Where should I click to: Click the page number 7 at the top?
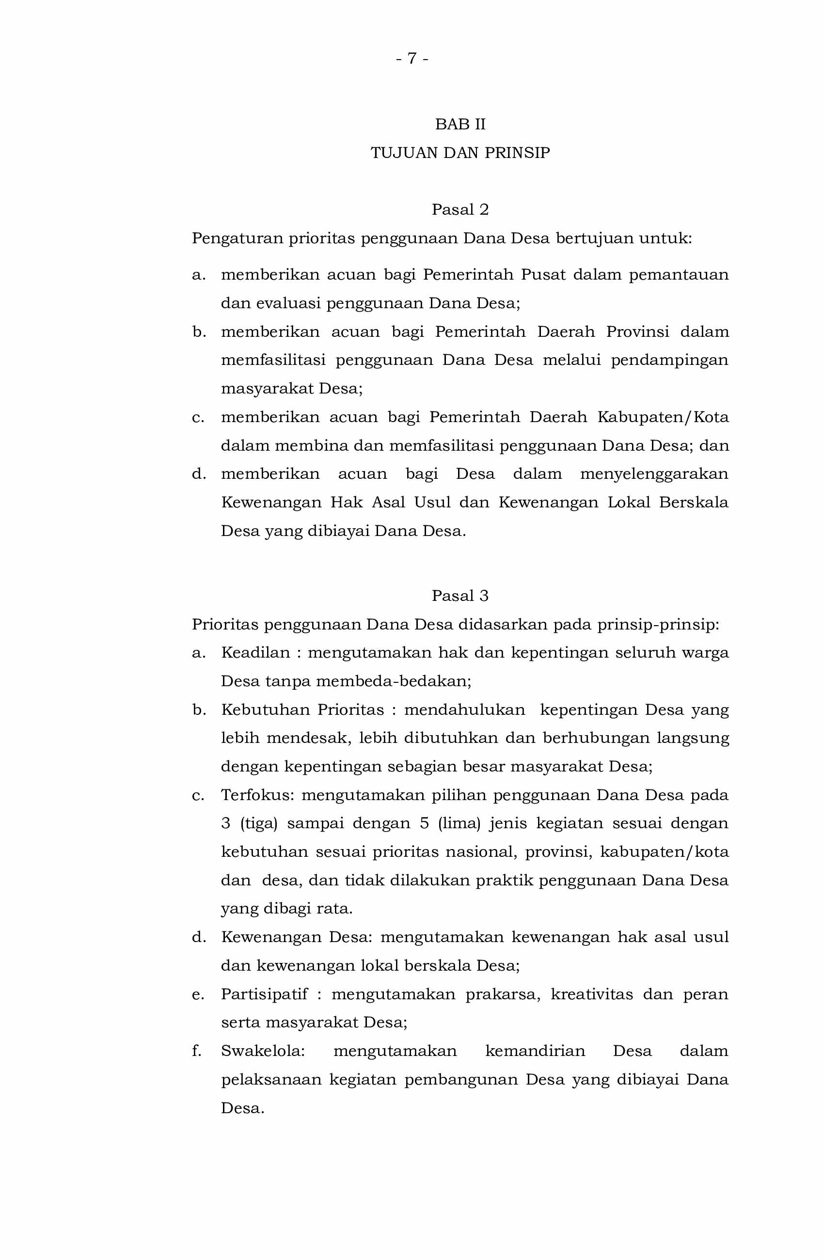pyautogui.click(x=412, y=58)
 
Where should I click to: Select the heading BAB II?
pyautogui.click(x=460, y=124)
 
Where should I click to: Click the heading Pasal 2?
pyautogui.click(x=460, y=210)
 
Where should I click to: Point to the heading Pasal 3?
pyautogui.click(x=460, y=596)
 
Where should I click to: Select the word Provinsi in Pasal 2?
pyautogui.click(x=637, y=331)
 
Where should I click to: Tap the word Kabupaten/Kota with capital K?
pyautogui.click(x=663, y=417)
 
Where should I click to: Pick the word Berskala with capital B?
pyautogui.click(x=693, y=503)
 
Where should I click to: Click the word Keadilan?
pyautogui.click(x=255, y=652)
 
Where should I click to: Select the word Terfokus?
pyautogui.click(x=257, y=795)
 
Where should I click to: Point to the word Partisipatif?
pyautogui.click(x=264, y=994)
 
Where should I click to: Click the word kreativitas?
pyautogui.click(x=591, y=994)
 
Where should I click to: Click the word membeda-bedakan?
pyautogui.click(x=393, y=681)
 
